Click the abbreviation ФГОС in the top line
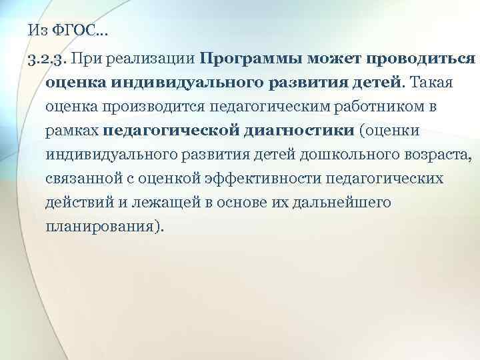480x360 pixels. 69,30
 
